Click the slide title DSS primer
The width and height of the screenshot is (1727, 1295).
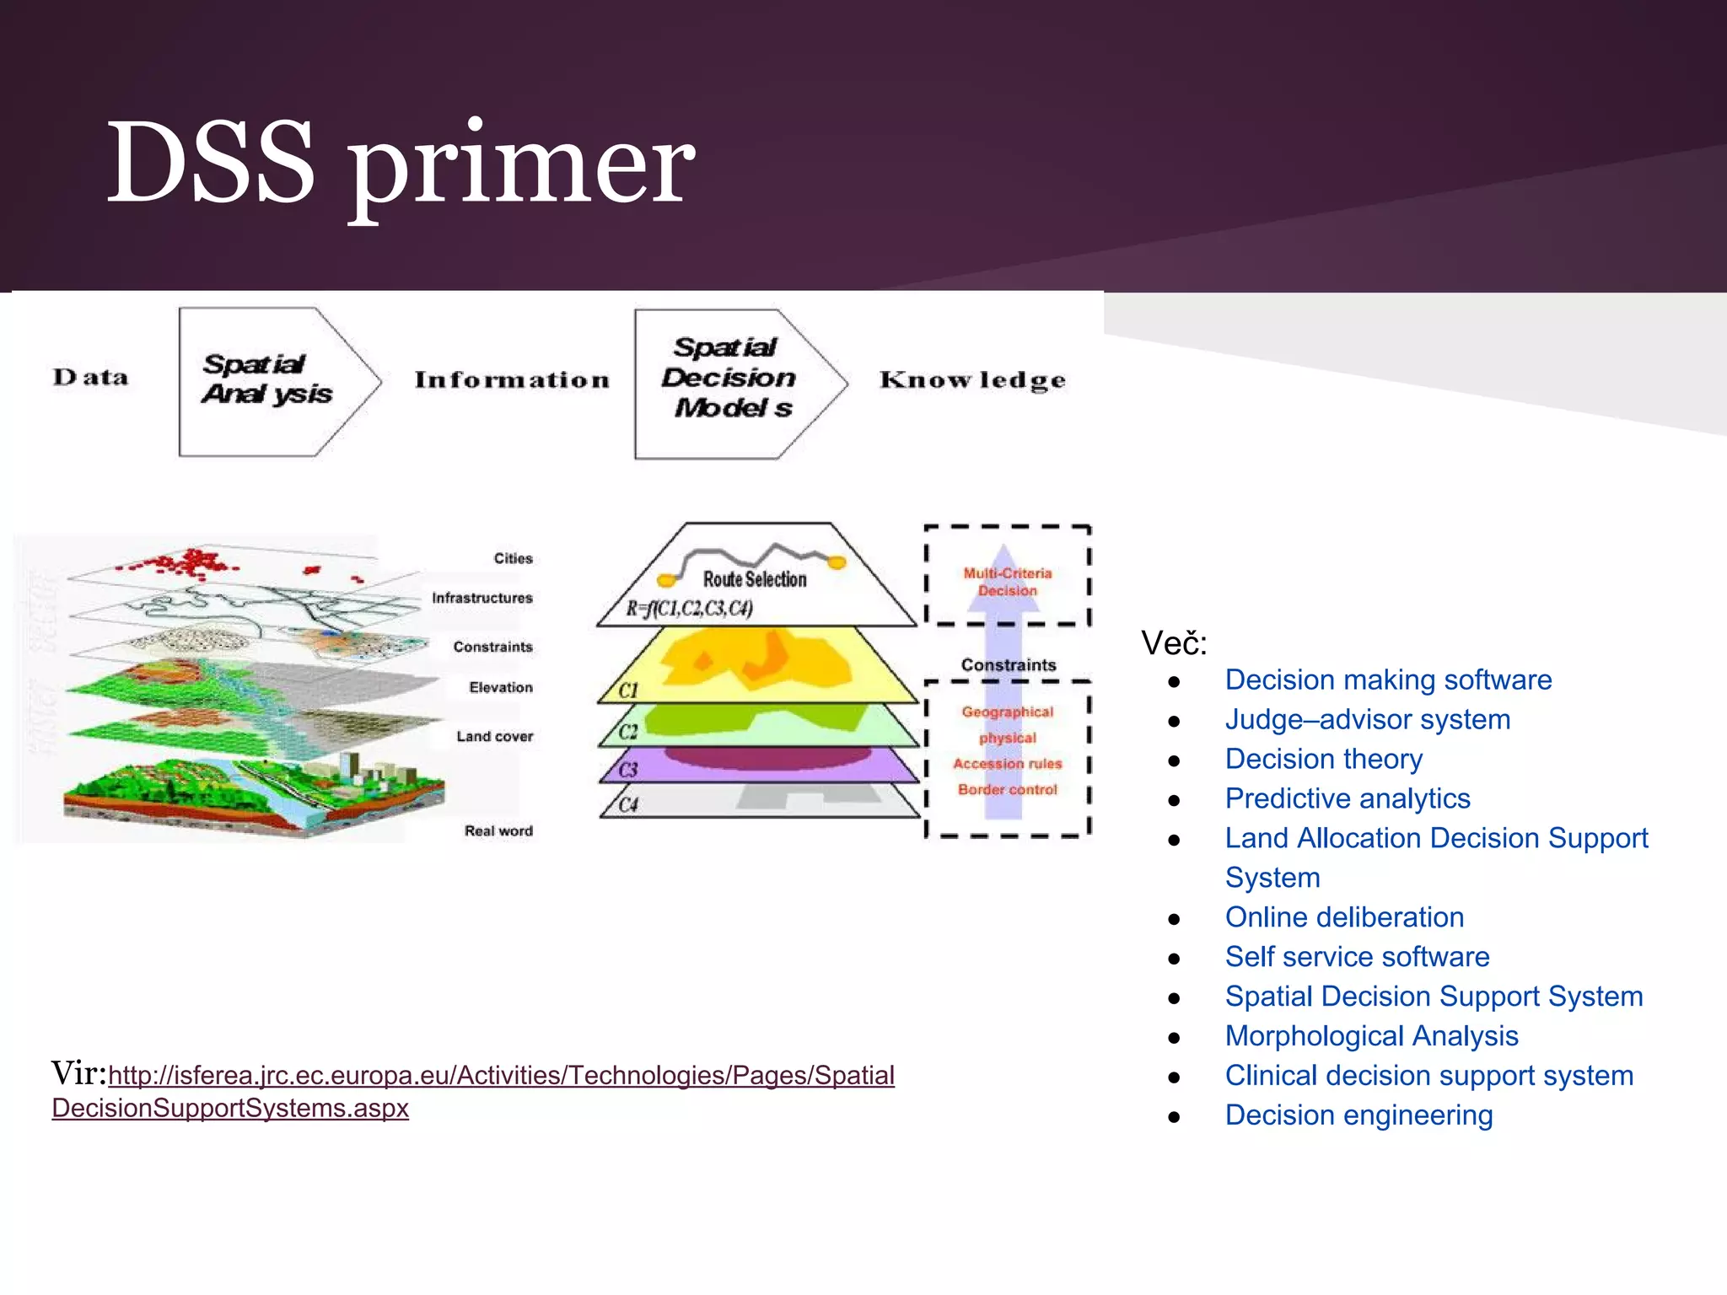tap(401, 164)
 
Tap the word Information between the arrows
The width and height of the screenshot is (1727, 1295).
tap(512, 379)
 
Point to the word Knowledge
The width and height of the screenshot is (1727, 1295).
tap(972, 380)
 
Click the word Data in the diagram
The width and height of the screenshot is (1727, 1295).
tap(91, 377)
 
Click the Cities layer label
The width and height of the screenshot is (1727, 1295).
tap(513, 558)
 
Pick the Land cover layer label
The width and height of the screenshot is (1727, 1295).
tap(494, 736)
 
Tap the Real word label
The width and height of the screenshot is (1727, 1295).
tap(498, 830)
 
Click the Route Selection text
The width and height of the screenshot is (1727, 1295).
tap(755, 579)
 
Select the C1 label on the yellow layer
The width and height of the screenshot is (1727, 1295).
tap(628, 690)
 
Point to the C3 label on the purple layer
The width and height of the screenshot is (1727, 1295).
tap(628, 769)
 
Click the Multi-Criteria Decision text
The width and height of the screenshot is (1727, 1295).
tap(1008, 582)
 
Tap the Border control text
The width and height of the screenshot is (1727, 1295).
tap(1007, 789)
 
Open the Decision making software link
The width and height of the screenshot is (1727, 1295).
tap(1387, 680)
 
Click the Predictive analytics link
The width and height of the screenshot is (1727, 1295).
tap(1347, 798)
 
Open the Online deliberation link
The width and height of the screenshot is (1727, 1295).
tap(1344, 917)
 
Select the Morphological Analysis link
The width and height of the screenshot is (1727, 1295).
tap(1371, 1036)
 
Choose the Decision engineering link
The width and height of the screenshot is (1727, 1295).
tap(1358, 1115)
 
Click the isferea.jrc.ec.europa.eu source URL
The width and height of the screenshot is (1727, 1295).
tap(501, 1076)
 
